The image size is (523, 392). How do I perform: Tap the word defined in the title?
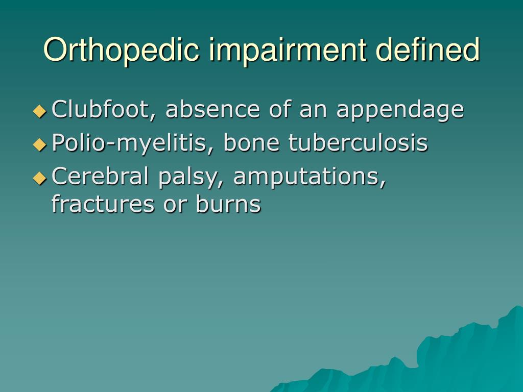coord(427,50)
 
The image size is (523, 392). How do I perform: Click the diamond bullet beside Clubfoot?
coord(40,111)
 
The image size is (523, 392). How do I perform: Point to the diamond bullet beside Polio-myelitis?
coord(40,144)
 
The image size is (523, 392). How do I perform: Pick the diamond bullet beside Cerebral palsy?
coord(40,178)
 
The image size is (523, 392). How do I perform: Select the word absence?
coord(212,109)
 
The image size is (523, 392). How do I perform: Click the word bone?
coord(251,143)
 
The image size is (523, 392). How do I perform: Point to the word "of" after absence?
coord(279,109)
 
